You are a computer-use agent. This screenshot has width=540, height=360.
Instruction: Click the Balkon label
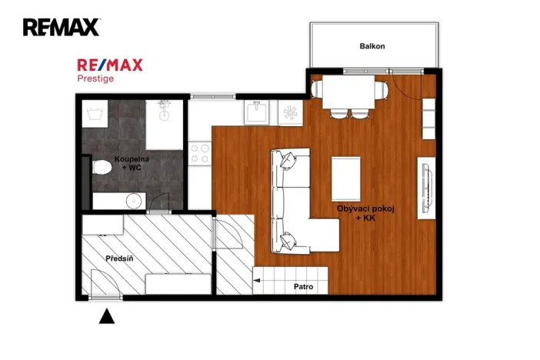pos(372,46)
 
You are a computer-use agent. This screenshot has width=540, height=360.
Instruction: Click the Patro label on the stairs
pos(303,287)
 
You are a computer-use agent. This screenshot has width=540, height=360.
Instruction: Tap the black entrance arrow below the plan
pos(107,315)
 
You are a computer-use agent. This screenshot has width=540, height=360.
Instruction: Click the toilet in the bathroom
pos(101,166)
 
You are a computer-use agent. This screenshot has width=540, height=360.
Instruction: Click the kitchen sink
pos(255,112)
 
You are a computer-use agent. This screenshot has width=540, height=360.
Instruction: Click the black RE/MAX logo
pos(61,28)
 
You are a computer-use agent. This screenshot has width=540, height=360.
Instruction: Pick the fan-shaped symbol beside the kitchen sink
pos(291,113)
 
